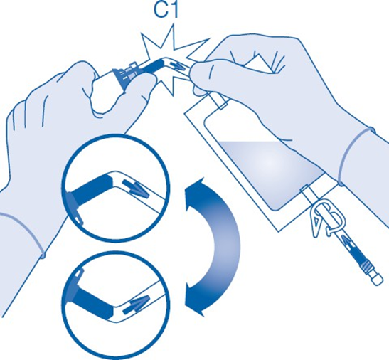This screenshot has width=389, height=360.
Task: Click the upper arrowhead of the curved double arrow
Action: pos(196,189)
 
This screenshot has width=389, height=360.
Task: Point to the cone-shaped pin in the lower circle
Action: pos(137,303)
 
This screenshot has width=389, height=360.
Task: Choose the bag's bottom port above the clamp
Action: pos(307,192)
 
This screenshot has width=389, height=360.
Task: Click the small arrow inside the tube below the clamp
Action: pos(347,242)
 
